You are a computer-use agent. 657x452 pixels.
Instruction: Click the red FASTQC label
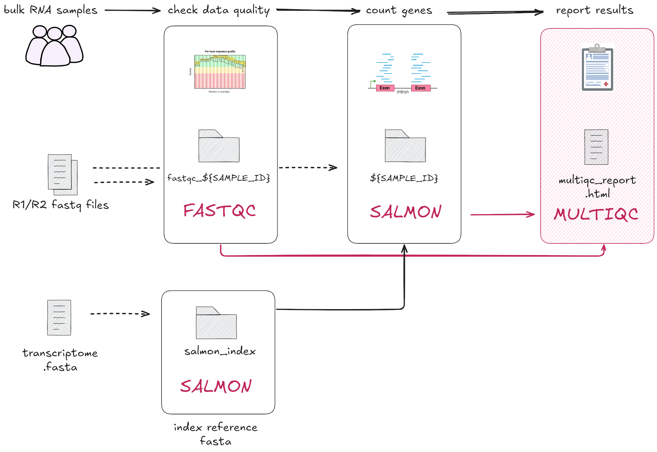coord(219,211)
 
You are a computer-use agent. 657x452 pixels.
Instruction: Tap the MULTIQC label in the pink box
coord(596,214)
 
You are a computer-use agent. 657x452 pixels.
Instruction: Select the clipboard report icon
coord(597,68)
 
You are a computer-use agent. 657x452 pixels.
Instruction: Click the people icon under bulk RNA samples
coord(54,46)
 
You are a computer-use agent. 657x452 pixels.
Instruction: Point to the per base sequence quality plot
coord(220,71)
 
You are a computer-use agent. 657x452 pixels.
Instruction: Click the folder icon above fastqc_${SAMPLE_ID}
coord(219,146)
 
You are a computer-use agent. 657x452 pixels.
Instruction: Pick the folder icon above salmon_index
coord(216,323)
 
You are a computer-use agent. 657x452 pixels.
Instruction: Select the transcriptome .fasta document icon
coord(59,317)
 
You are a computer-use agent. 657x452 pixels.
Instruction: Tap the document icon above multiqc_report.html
coord(596,147)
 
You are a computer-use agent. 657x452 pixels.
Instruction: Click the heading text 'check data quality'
coord(218,10)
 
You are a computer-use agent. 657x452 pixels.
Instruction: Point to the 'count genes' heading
coord(399,10)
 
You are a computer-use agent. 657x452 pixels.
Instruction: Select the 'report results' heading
coord(594,10)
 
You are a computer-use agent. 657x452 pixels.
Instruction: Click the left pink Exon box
coord(385,88)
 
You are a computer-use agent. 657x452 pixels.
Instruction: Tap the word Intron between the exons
coord(402,92)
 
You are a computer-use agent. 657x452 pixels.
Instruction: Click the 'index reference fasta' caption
coord(216,434)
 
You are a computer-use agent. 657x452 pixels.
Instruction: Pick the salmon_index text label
coord(220,351)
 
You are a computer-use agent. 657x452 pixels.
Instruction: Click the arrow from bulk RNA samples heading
coord(132,10)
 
